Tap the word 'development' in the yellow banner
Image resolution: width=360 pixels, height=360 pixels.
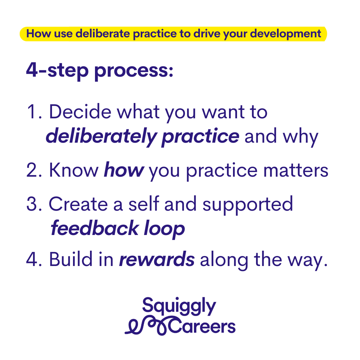click(285, 34)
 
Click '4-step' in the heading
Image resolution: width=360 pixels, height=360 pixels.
click(57, 71)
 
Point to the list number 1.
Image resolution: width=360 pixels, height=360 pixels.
click(34, 112)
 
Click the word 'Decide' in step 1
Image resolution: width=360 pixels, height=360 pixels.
click(80, 111)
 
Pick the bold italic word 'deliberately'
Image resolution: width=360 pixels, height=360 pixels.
click(101, 137)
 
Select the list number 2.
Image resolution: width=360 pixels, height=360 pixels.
click(34, 170)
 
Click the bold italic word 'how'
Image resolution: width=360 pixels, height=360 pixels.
click(124, 170)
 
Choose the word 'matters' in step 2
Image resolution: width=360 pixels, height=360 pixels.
click(296, 171)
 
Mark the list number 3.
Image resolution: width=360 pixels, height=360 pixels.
click(34, 204)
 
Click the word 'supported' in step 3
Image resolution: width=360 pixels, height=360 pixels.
click(247, 205)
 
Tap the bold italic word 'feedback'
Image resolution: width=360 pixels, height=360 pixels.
click(95, 228)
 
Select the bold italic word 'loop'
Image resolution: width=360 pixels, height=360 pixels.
click(164, 229)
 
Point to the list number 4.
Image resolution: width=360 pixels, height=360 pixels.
click(34, 259)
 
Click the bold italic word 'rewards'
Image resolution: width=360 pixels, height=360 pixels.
click(157, 259)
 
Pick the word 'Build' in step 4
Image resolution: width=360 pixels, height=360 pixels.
click(71, 259)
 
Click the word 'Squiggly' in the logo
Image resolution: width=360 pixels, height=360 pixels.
click(179, 306)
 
